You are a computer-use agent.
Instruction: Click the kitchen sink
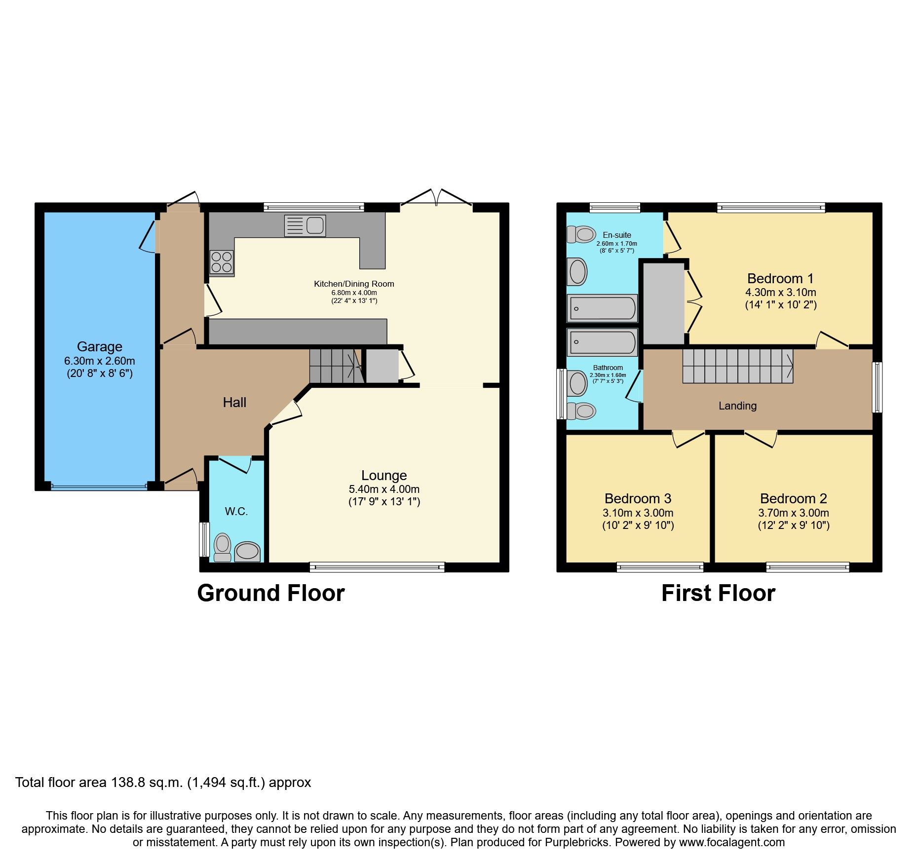(x=305, y=226)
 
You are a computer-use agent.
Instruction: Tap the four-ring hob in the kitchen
(x=222, y=262)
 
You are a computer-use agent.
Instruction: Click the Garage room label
(x=99, y=346)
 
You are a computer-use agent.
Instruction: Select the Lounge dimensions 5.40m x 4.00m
(x=384, y=489)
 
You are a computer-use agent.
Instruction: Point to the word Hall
(x=234, y=402)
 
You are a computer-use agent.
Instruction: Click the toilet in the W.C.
(x=223, y=547)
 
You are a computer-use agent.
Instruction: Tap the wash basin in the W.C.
(x=247, y=552)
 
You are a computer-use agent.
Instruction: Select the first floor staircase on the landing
(x=737, y=366)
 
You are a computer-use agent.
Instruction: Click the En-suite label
(x=616, y=235)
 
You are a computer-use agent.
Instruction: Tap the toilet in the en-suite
(x=581, y=234)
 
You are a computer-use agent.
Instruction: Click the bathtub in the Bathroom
(x=602, y=342)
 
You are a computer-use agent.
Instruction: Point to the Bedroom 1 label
(x=780, y=278)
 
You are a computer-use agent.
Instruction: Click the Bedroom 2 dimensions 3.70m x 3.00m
(x=794, y=513)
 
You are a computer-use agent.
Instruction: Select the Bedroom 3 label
(x=638, y=498)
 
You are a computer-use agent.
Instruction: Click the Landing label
(x=737, y=406)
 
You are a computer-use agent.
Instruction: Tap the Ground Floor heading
(x=270, y=593)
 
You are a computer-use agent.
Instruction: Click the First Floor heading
(x=718, y=593)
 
